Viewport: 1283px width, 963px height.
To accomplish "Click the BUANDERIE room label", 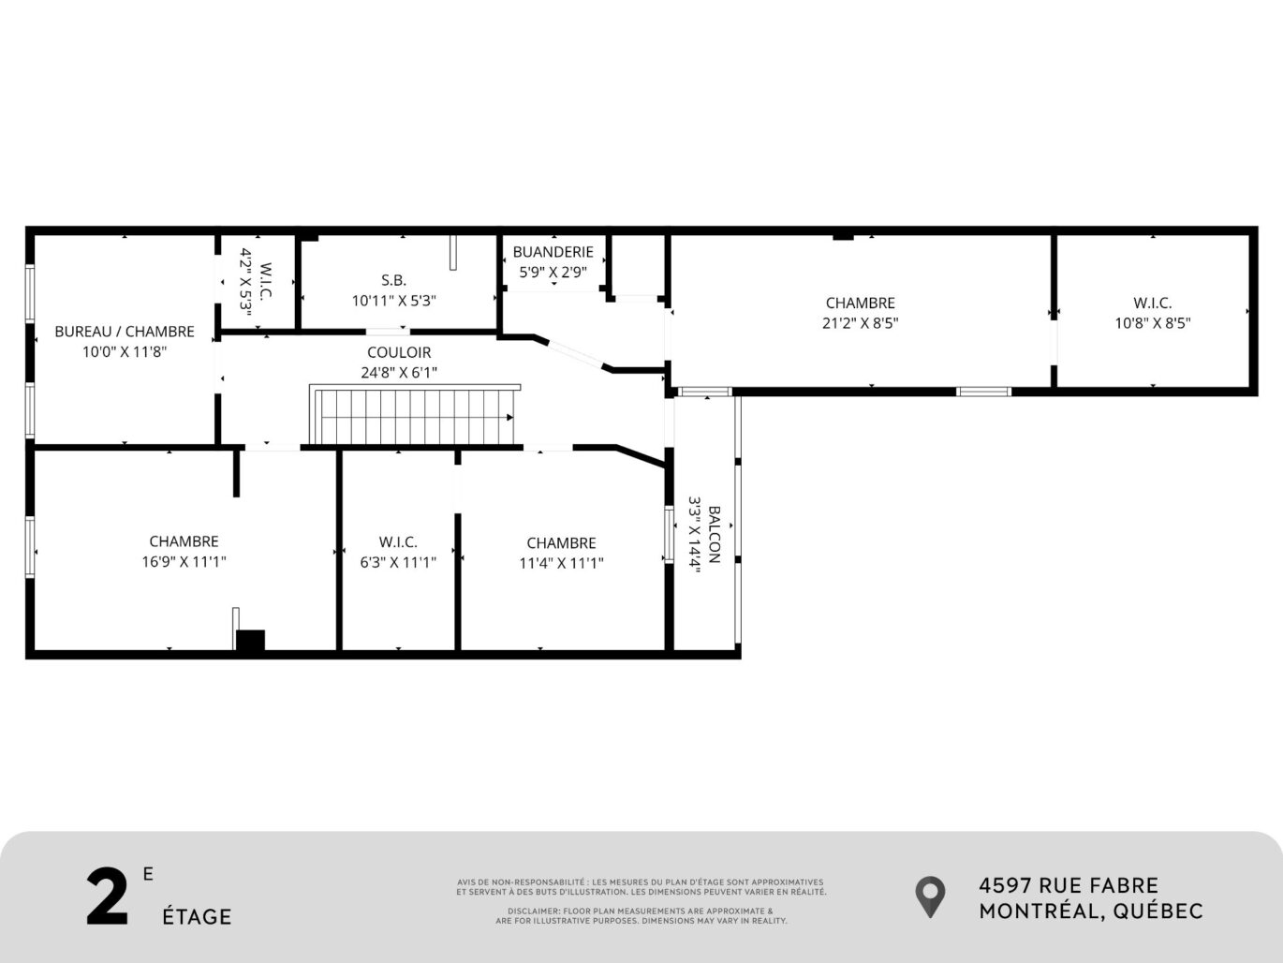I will (553, 252).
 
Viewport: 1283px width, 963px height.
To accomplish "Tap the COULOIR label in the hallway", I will (399, 352).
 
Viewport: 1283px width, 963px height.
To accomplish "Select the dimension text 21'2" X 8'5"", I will (860, 323).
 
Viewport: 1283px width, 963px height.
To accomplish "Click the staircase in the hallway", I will (416, 417).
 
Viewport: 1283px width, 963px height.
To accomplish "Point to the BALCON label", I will (714, 535).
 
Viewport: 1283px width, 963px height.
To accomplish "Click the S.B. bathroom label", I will (393, 280).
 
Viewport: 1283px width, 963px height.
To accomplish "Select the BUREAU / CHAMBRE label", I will (125, 332).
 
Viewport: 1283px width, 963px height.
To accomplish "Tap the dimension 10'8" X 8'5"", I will (1152, 323).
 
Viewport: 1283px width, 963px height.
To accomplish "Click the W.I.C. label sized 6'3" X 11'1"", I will (398, 542).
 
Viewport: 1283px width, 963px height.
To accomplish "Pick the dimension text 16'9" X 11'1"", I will (184, 562).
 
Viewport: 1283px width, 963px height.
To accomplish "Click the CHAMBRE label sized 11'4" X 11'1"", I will (561, 543).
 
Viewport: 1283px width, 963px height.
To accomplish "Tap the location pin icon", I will (930, 896).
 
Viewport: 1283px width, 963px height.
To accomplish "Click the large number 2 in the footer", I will (107, 898).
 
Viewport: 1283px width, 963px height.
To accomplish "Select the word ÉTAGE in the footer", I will (197, 916).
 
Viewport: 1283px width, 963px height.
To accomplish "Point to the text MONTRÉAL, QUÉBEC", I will (1091, 911).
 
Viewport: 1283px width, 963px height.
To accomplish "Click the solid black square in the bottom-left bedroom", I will (250, 641).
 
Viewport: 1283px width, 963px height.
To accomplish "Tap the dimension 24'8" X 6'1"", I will (399, 372).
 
